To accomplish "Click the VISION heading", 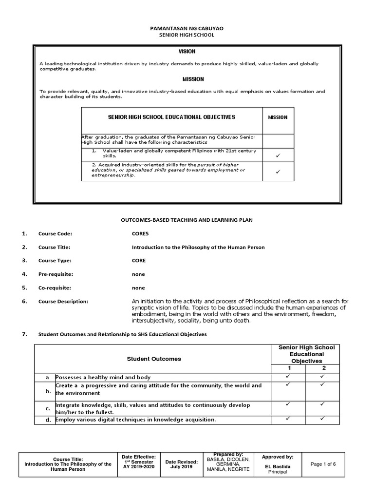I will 187,51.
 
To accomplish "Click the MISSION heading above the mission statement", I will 193,79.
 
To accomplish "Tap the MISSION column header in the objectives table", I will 278,117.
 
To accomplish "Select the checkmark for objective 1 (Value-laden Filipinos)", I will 278,155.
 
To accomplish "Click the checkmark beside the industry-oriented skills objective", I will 278,172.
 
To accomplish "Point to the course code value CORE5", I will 140,234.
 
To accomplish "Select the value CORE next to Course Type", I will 139,261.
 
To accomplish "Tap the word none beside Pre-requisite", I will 138,274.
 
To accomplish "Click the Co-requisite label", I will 55,288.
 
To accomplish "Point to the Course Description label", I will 63,302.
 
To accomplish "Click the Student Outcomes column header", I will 154,359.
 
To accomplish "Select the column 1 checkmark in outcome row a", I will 288,377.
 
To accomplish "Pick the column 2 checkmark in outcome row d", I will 322,419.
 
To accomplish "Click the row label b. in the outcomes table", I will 48,391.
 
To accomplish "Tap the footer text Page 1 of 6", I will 323,464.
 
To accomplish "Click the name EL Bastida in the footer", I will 278,466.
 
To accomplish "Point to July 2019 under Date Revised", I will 182,467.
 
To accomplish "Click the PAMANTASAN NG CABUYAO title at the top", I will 187,29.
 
